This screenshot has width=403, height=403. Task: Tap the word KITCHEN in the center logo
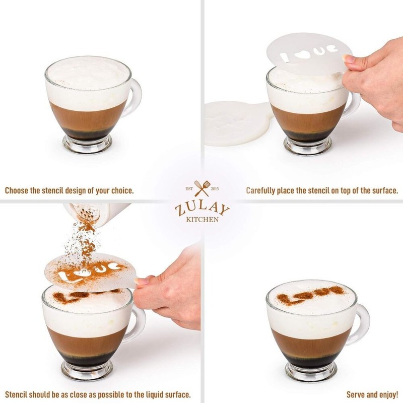click(201, 220)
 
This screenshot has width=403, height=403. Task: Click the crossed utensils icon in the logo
click(201, 188)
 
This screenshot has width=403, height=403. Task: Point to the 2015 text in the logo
click(214, 189)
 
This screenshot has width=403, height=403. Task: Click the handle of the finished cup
click(361, 322)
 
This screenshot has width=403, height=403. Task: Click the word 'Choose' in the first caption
click(19, 191)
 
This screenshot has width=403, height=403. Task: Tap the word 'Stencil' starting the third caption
click(18, 394)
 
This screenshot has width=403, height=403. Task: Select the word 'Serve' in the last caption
click(357, 394)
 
